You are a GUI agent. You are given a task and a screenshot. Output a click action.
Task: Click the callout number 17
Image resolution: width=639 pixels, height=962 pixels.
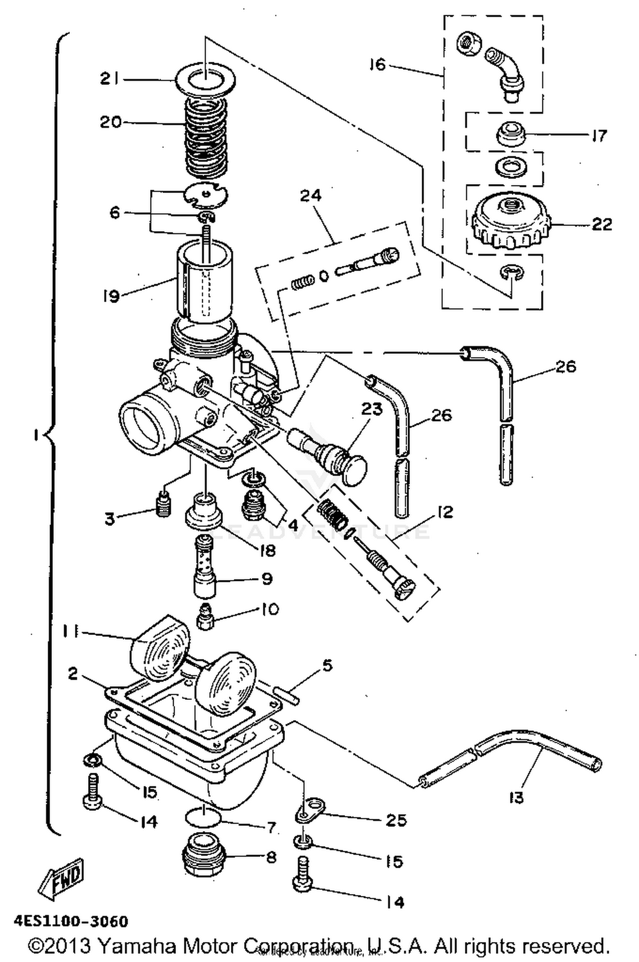click(599, 136)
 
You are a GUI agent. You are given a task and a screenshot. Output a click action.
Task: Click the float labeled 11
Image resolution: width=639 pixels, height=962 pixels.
click(160, 648)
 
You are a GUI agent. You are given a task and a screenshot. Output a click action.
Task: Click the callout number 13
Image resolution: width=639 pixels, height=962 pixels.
click(515, 797)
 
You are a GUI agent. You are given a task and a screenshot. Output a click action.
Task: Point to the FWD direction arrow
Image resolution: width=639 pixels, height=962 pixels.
click(62, 880)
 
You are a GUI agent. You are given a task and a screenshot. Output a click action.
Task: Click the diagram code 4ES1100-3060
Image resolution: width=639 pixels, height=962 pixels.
click(71, 922)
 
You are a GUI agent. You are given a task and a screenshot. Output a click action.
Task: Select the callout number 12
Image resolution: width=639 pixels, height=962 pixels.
click(444, 512)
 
